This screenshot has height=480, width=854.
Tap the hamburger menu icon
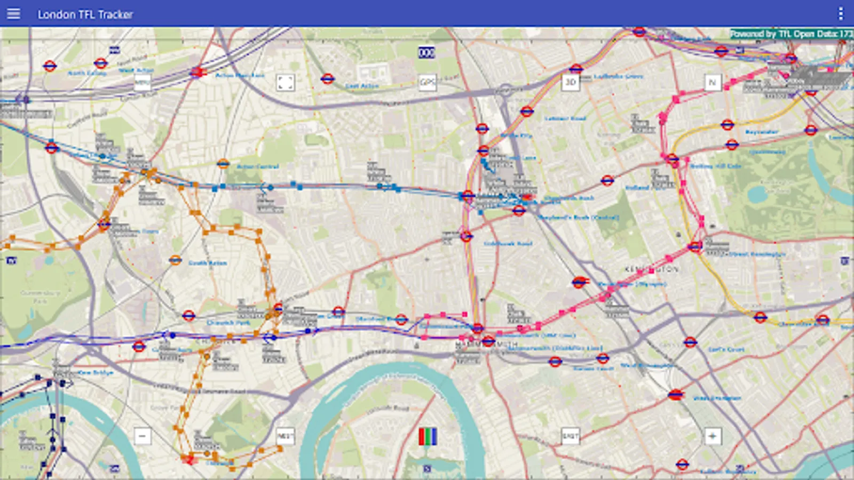pos(13,14)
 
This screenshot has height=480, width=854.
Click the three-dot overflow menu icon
pos(841,14)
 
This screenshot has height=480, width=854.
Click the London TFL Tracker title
pos(85,14)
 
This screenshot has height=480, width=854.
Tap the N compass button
pos(712,82)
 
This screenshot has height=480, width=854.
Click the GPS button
pos(428,82)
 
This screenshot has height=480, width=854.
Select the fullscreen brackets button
pos(285,82)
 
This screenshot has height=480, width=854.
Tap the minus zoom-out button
pos(142,436)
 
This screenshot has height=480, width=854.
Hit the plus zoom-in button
pos(712,436)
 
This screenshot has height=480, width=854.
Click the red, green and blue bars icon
pos(428,436)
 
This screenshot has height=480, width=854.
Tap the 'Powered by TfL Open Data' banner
pos(791,34)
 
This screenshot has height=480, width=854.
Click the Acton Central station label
pos(257,166)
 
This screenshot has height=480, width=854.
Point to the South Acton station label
pos(208,263)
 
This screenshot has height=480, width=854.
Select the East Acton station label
pos(362,86)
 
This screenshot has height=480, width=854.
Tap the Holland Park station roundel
pos(607,181)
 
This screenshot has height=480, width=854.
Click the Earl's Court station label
pos(726,349)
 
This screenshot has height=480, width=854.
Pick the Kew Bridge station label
pos(96,372)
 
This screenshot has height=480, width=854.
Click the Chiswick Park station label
pos(228,323)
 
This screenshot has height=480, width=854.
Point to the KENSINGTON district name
pos(652,269)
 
